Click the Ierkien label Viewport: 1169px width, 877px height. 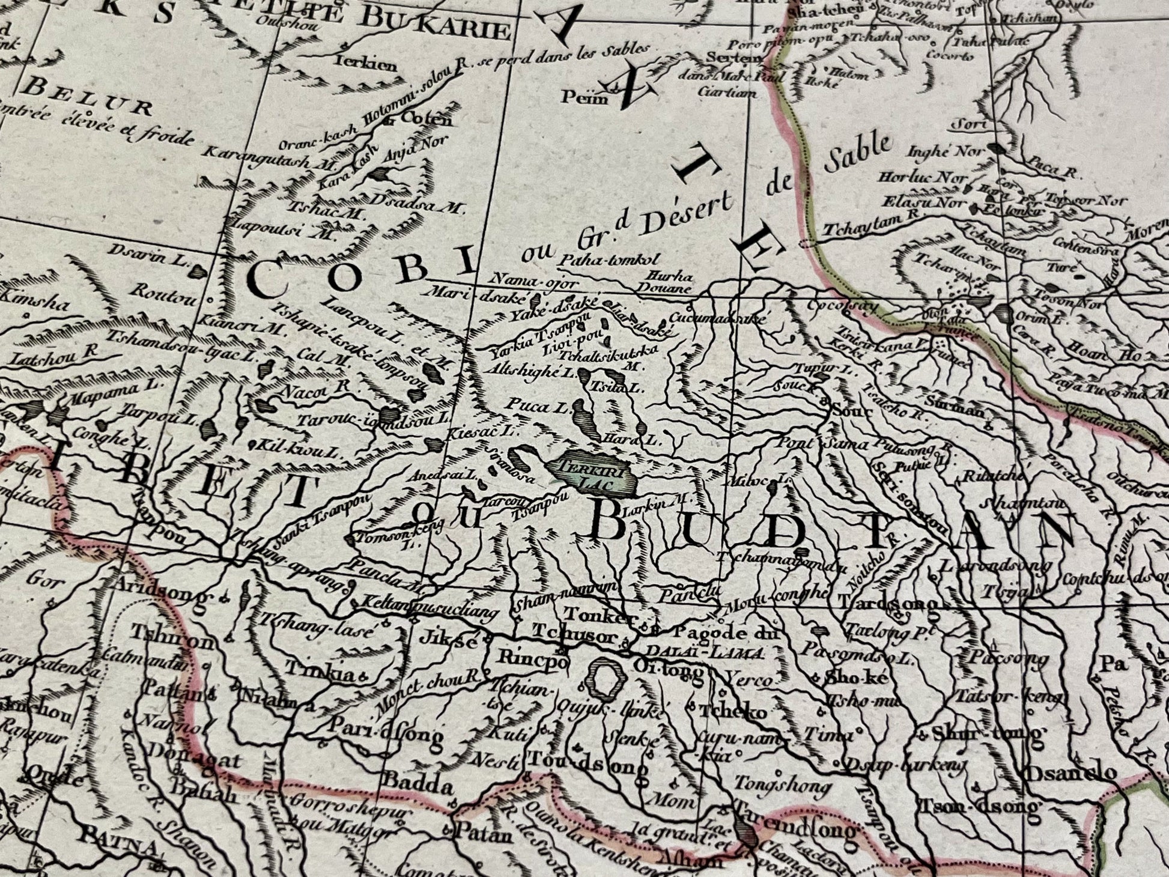(x=366, y=64)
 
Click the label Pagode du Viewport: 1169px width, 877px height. (x=726, y=632)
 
